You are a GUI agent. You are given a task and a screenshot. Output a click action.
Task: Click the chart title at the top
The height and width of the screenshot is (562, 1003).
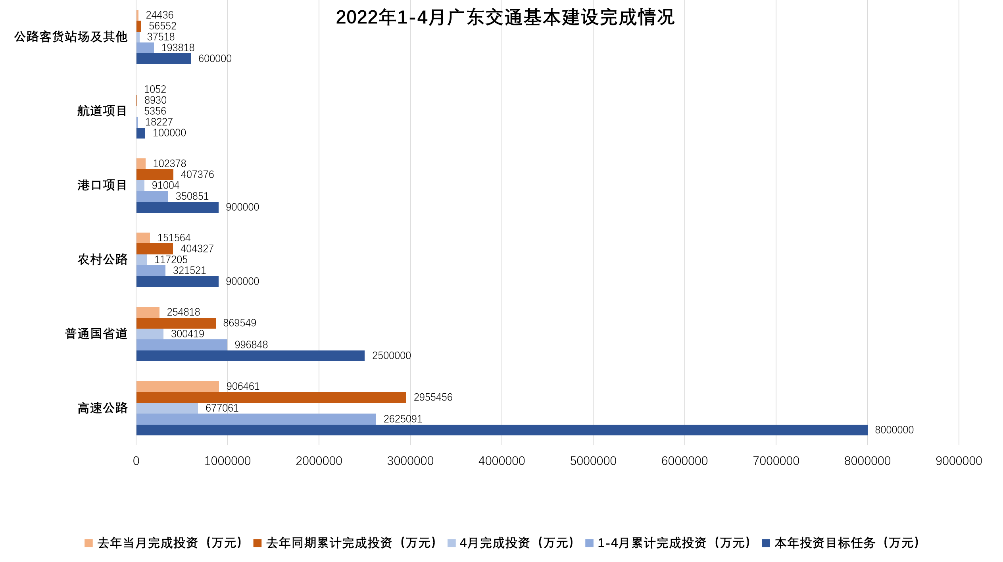[x=505, y=17]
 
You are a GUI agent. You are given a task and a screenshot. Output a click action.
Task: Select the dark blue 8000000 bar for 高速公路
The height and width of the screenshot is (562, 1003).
[x=501, y=430]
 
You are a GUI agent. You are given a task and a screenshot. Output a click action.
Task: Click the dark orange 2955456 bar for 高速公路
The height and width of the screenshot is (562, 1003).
[x=271, y=397]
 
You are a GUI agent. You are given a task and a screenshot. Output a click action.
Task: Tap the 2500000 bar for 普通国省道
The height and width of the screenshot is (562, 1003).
[x=250, y=356]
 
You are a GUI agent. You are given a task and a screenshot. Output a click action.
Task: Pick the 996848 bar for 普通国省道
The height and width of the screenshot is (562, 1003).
[x=182, y=345]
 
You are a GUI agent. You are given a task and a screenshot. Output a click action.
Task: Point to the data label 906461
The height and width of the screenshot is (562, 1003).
[x=243, y=386]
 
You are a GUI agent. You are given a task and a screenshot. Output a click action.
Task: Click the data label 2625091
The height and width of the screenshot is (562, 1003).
[x=403, y=419]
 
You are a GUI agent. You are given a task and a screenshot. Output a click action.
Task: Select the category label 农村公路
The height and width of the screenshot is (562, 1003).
[x=102, y=260]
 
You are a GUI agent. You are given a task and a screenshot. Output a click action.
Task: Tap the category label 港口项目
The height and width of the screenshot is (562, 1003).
[x=102, y=185]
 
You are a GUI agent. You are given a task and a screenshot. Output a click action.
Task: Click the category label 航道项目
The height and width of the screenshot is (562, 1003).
[x=102, y=111]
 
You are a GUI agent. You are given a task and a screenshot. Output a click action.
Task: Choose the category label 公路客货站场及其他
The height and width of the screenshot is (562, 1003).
[x=71, y=37]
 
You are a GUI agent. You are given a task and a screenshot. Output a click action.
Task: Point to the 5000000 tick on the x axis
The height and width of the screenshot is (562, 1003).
[x=593, y=461]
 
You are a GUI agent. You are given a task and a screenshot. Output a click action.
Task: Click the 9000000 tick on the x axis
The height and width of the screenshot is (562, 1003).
[x=959, y=461]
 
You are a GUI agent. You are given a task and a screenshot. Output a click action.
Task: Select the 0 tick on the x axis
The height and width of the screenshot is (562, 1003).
[x=136, y=461]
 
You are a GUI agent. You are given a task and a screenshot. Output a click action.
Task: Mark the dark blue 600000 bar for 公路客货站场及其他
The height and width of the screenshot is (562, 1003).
[x=163, y=59]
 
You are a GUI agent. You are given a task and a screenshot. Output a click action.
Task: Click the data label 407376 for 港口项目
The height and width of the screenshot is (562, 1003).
[x=197, y=175]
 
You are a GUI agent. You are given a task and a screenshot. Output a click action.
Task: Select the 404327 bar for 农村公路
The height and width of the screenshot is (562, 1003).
[x=154, y=249]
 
